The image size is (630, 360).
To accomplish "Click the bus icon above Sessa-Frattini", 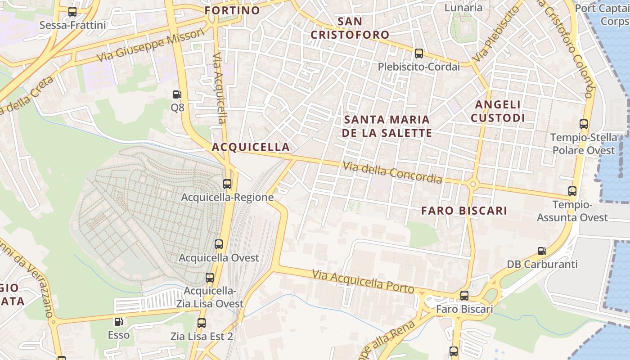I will click(x=72, y=12).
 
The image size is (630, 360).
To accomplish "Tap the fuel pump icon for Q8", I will click(x=177, y=94).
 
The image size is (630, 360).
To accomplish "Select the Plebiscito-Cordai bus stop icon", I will click(x=419, y=54).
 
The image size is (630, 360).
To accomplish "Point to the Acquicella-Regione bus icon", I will click(x=227, y=184).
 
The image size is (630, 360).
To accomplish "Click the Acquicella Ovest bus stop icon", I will click(x=219, y=244).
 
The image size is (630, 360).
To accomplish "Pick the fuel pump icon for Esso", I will click(x=118, y=322).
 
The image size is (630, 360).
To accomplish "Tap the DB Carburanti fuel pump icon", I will click(x=542, y=251).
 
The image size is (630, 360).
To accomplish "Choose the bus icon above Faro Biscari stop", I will click(x=464, y=296).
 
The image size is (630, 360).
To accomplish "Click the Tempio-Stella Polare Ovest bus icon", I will click(x=584, y=124).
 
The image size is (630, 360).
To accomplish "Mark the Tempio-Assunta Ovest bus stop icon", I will click(x=572, y=191).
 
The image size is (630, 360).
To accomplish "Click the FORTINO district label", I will click(x=232, y=10).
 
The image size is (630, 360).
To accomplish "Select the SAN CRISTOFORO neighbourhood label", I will click(x=350, y=28).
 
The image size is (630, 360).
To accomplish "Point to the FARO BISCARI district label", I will click(x=464, y=211).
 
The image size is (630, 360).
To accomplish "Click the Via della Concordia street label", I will click(x=392, y=173).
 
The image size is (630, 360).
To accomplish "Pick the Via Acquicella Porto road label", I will click(x=363, y=281).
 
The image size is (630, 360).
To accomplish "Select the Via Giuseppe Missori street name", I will click(x=150, y=46).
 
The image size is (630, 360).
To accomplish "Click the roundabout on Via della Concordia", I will click(x=472, y=184).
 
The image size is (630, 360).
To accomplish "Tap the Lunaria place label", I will click(x=463, y=8).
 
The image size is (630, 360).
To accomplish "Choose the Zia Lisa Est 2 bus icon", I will click(x=202, y=323).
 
